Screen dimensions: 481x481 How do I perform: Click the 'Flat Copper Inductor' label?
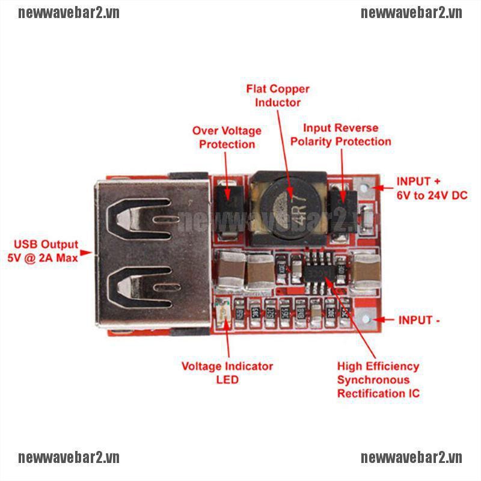[x=278, y=96]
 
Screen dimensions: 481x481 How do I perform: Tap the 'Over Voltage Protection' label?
[x=227, y=137]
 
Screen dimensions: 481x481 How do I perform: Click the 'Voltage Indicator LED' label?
[x=227, y=373]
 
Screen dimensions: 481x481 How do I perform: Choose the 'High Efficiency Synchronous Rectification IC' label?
[x=378, y=379]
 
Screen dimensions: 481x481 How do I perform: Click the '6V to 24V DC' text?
[x=432, y=195]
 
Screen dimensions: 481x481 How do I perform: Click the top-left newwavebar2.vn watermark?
[x=69, y=13]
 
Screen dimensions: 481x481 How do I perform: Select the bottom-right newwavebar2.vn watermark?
[x=411, y=458]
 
